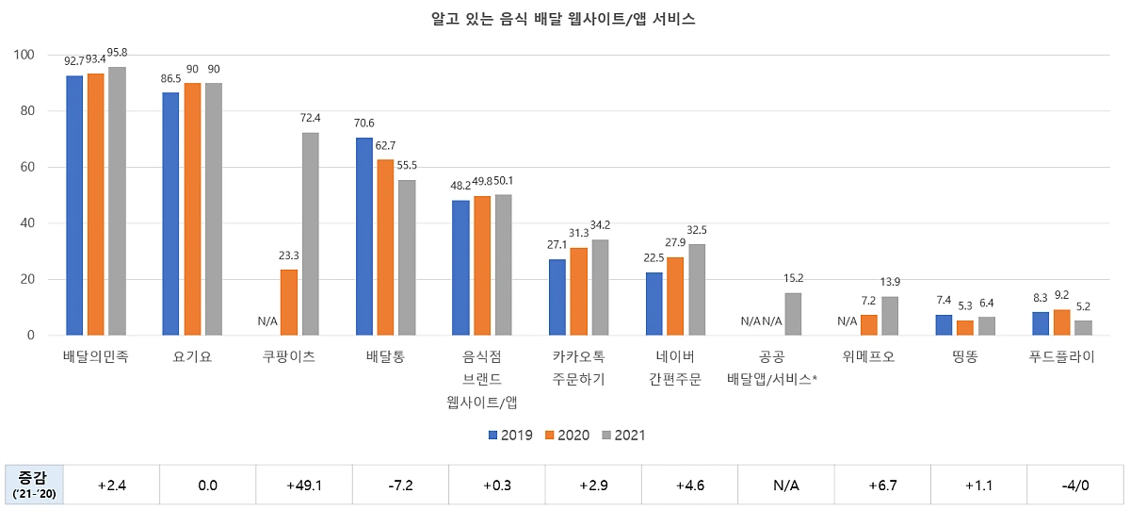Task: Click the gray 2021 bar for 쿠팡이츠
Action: (x=310, y=234)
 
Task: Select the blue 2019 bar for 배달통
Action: (x=364, y=237)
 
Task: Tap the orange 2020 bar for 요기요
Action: (x=192, y=209)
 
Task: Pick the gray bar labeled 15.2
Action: (x=793, y=314)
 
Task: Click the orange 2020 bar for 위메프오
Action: (x=868, y=325)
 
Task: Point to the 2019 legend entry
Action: (x=510, y=436)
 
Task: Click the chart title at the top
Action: (x=563, y=19)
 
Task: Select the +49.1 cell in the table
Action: (x=304, y=486)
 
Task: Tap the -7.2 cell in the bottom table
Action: (x=400, y=486)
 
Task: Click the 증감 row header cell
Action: (x=34, y=486)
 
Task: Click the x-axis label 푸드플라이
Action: (x=1061, y=358)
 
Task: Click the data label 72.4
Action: (x=310, y=119)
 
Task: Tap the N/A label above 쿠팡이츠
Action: (x=267, y=321)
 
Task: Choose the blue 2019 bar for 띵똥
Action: (x=944, y=325)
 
